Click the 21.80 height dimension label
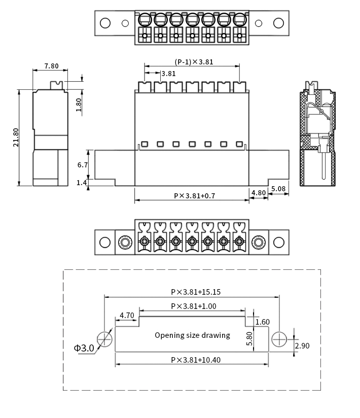16,137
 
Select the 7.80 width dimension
51,66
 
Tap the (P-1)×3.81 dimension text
194,62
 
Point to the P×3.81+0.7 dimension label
195,196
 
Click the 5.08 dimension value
278,189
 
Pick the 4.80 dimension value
259,192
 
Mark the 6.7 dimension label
83,165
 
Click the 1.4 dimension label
82,183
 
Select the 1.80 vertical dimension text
79,105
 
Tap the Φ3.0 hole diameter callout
84,348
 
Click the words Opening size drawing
192,335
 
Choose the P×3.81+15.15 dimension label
196,292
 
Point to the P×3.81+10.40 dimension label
196,360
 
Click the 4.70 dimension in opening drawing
127,316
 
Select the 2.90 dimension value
302,346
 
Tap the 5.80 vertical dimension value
249,338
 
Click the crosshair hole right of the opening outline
279,339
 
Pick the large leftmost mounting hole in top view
105,23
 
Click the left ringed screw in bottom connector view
125,242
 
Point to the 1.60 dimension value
263,322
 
